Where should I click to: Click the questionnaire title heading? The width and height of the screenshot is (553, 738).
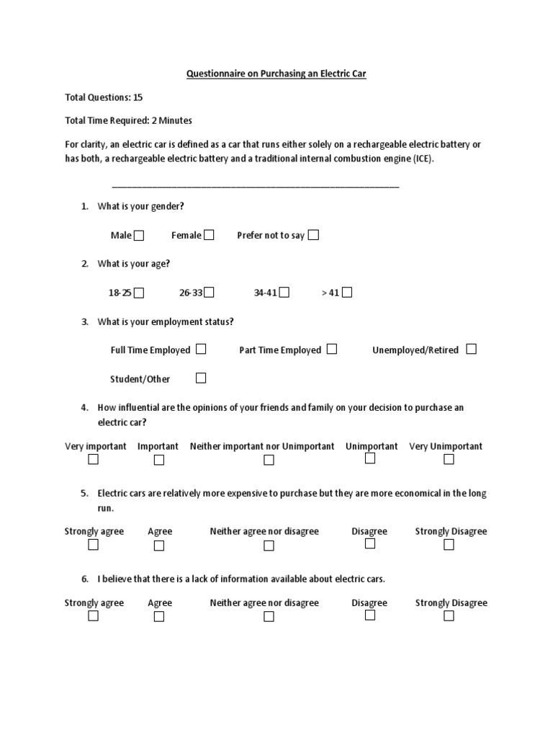(x=276, y=74)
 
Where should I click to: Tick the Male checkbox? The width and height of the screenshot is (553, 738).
(x=139, y=235)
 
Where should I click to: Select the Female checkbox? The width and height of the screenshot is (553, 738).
(x=209, y=234)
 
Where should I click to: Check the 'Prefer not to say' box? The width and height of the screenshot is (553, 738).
(x=313, y=234)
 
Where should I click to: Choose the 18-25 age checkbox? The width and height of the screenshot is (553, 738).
(x=139, y=293)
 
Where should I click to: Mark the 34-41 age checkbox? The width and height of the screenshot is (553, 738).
(x=284, y=292)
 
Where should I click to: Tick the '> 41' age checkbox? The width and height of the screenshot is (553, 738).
(x=347, y=292)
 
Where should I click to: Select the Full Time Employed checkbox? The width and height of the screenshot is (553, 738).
(x=201, y=349)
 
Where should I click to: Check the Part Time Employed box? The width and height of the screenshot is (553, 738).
(x=331, y=349)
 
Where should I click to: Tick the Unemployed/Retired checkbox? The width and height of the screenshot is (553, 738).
(x=471, y=349)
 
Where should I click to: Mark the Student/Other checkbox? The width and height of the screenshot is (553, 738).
(x=201, y=378)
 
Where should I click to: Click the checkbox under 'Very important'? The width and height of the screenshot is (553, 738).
(x=93, y=459)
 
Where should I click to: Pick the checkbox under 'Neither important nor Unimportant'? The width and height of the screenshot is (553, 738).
(x=269, y=460)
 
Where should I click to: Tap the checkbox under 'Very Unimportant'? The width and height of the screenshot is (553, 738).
(x=449, y=459)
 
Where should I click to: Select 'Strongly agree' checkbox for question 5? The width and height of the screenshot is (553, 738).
(x=93, y=545)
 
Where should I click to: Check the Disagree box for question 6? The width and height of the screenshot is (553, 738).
(x=370, y=615)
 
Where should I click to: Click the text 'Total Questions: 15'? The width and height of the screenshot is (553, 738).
(x=108, y=97)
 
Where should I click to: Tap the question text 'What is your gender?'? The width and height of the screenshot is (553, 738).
(x=141, y=206)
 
